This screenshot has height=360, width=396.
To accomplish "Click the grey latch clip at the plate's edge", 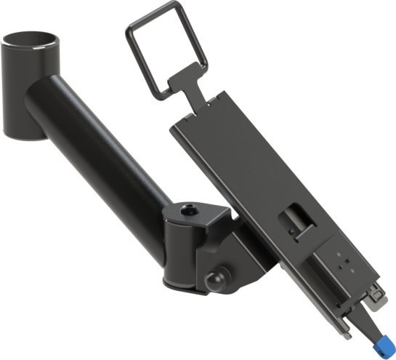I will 375,294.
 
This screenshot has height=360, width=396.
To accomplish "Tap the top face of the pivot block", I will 196,213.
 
